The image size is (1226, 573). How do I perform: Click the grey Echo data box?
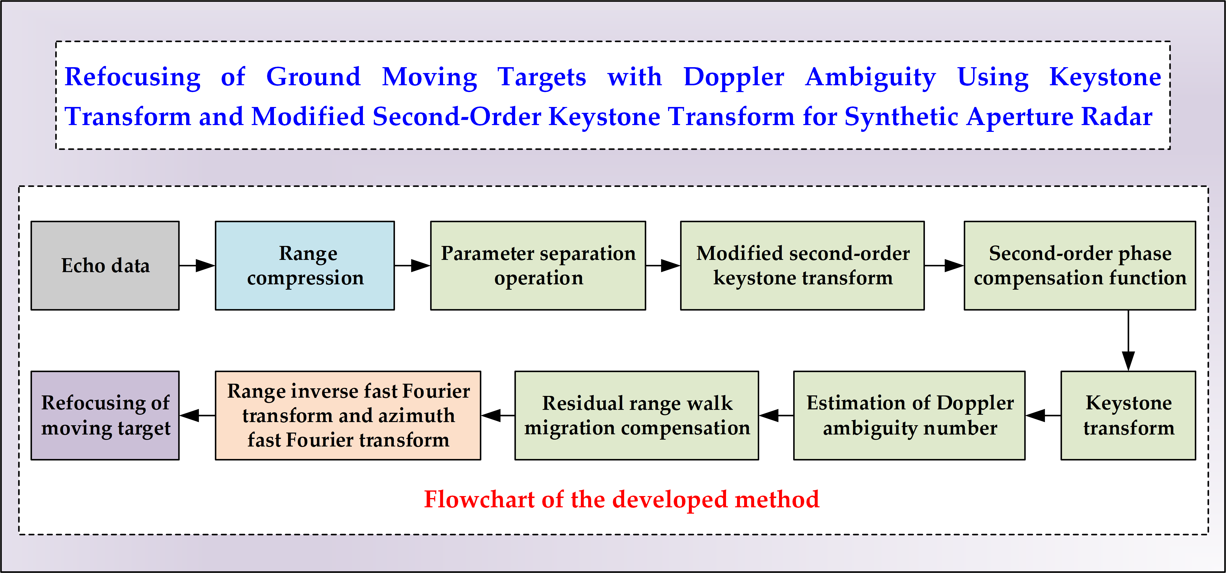[x=105, y=265]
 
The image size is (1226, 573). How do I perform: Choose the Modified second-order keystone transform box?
[x=803, y=265]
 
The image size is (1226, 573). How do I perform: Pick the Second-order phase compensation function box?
[x=1079, y=265]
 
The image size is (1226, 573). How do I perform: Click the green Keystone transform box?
[x=1128, y=415]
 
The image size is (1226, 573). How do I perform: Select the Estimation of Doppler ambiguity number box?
[x=909, y=415]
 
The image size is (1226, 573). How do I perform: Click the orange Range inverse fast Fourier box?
[x=348, y=415]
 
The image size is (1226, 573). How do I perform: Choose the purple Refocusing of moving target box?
[x=105, y=415]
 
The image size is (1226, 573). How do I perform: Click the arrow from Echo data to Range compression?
[x=197, y=265]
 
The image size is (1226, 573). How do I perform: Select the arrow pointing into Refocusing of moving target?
[x=197, y=415]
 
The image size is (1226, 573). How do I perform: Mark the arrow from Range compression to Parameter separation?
[x=412, y=265]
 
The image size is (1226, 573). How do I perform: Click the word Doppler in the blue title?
[x=733, y=77]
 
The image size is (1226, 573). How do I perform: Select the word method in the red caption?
[x=777, y=499]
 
